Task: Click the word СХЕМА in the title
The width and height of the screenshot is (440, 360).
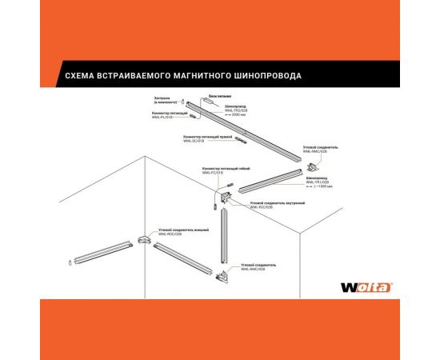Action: (76, 76)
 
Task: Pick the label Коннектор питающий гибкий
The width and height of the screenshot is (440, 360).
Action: (219, 169)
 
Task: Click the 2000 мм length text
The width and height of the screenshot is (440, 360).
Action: (238, 114)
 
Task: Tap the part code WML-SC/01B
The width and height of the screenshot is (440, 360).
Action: (194, 142)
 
